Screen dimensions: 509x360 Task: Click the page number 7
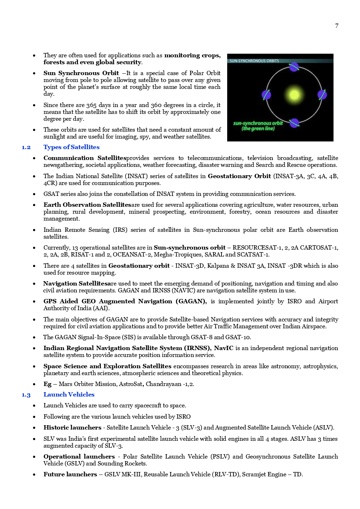336,26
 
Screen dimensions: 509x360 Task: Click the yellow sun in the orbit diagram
294,95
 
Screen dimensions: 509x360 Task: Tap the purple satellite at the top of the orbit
294,67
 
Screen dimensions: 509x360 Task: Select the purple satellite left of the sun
266,95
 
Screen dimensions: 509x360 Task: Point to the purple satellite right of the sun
322,95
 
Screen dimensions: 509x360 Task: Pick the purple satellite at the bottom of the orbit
294,123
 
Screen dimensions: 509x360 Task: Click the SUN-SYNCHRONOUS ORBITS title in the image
254,61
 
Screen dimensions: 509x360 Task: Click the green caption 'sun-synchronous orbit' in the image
258,123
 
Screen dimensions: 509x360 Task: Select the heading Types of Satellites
71,147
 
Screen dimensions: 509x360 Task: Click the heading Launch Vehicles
69,394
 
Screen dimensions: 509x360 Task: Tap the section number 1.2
26,147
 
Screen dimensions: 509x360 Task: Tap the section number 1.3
26,395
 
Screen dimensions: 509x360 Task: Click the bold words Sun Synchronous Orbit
81,73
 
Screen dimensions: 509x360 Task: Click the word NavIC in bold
223,348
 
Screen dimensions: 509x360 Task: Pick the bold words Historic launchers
72,427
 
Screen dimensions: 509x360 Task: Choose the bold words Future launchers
70,474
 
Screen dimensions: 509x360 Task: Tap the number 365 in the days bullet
91,105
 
